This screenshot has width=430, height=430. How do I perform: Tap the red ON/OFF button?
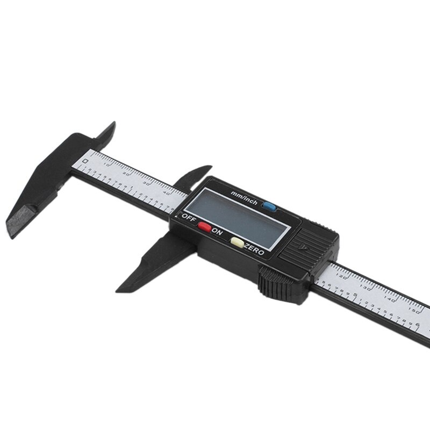pyautogui.click(x=204, y=226)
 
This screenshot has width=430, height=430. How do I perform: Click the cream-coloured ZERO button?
pyautogui.click(x=237, y=241)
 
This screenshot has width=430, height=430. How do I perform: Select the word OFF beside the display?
pyautogui.click(x=189, y=218)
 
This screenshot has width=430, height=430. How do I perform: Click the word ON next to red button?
pyautogui.click(x=217, y=232)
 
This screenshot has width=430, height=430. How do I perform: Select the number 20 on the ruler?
pyautogui.click(x=127, y=173)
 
